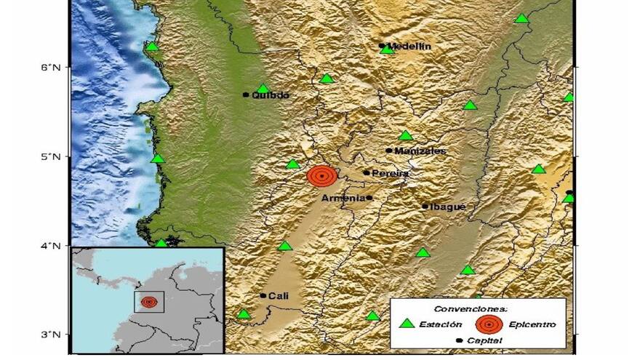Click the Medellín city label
point(409,47)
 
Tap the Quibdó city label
point(271,95)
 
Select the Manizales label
point(420,151)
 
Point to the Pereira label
point(390,174)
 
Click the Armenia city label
point(343,198)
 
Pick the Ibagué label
point(448,207)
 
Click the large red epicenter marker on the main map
point(322,176)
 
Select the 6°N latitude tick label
point(55,67)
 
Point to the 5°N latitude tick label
point(55,156)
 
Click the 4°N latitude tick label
point(55,246)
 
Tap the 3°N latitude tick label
point(55,335)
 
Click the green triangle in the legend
point(407,324)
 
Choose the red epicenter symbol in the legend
point(489,324)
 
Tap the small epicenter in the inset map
point(148,302)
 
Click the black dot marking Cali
point(263,295)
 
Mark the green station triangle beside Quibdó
point(263,89)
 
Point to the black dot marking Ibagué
point(425,206)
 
